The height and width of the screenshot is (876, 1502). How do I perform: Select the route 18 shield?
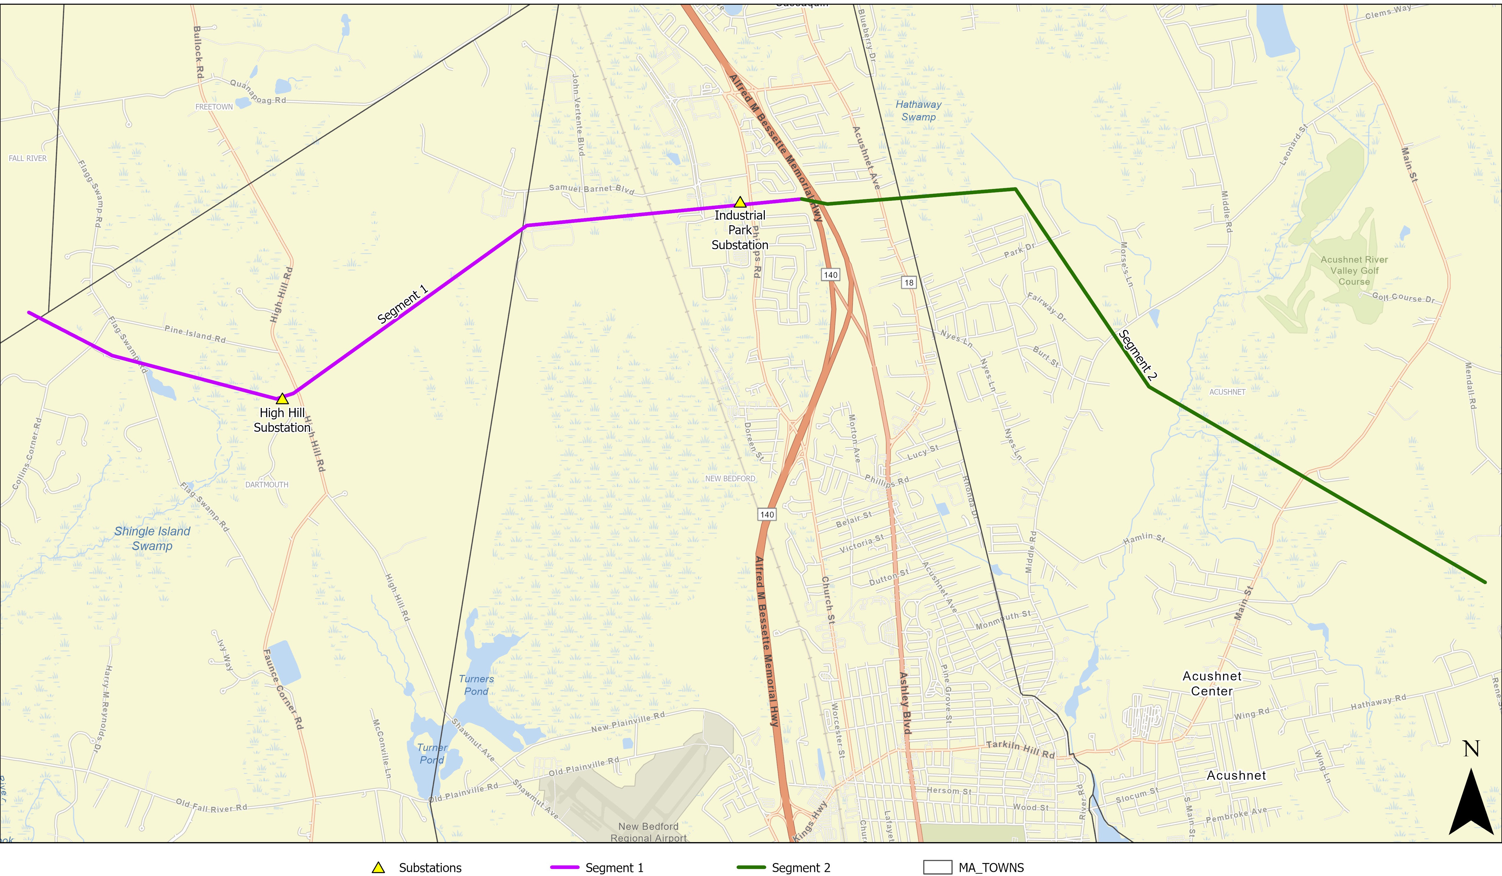point(908,283)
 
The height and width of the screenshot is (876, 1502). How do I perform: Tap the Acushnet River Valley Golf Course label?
point(1354,271)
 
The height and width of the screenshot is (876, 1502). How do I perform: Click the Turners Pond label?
point(476,685)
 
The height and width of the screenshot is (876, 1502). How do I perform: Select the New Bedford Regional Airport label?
point(649,832)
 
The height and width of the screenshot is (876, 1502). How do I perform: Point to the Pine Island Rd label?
point(195,334)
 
